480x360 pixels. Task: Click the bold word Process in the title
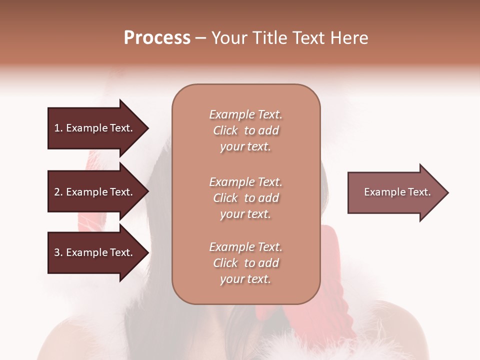coord(157,38)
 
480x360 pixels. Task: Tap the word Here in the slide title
coord(349,38)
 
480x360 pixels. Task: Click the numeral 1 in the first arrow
coord(57,128)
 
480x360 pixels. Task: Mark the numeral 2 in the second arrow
coord(57,192)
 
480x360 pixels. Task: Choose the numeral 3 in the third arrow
coord(57,252)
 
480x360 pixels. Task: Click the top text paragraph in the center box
coord(245,130)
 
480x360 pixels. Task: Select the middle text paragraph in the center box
coord(245,198)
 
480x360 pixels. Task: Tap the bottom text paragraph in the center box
coord(245,263)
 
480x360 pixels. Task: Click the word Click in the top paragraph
coord(225,130)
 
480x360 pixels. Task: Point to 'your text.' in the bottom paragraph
coord(245,279)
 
